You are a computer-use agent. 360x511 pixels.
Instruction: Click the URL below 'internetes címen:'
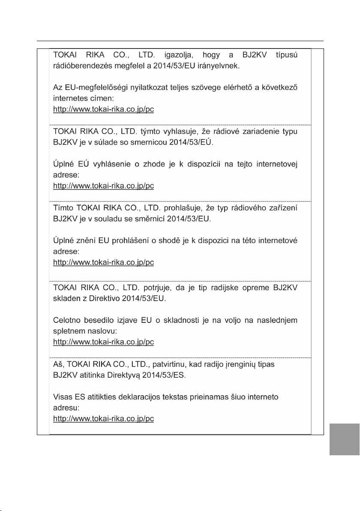pos(103,109)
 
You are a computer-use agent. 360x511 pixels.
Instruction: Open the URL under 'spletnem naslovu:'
pos(103,342)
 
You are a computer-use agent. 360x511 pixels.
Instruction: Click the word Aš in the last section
pos(58,364)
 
